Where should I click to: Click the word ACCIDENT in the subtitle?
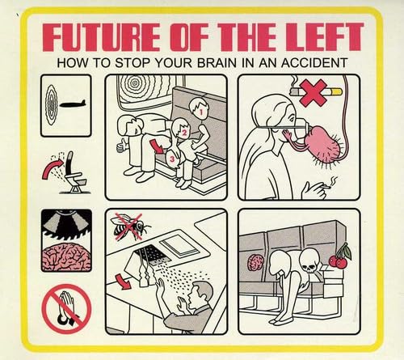[310, 61]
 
